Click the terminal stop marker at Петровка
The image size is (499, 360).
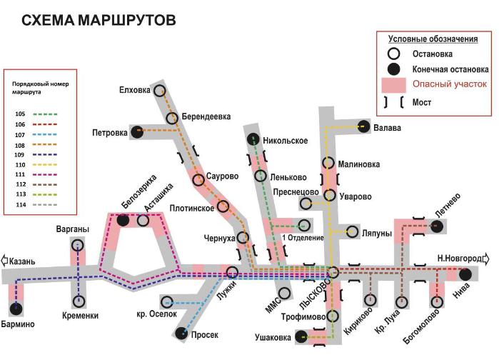pos(137,131)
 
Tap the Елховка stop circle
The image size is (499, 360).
pos(160,91)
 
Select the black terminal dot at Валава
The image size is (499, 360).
pos(364,126)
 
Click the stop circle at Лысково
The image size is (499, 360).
pos(333,272)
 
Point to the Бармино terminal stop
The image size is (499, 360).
pos(16,309)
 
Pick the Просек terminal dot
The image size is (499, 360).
pos(181,333)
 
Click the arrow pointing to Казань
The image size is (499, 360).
pos(4,260)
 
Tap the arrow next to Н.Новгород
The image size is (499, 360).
pos(486,259)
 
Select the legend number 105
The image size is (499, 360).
pos(20,114)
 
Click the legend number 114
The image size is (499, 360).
pos(21,205)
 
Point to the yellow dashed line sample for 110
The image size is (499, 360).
pos(45,165)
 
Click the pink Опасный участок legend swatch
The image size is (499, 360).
pos(393,85)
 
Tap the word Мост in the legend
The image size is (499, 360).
pos(422,102)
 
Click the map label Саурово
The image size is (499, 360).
pos(222,176)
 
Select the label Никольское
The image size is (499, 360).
pos(285,141)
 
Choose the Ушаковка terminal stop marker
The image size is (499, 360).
pos(301,336)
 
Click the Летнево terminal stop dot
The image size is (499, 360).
pos(437,226)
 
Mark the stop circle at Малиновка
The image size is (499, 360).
pos(328,163)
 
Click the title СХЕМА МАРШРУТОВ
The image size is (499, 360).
pos(99,20)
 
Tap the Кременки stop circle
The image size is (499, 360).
pos(79,301)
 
